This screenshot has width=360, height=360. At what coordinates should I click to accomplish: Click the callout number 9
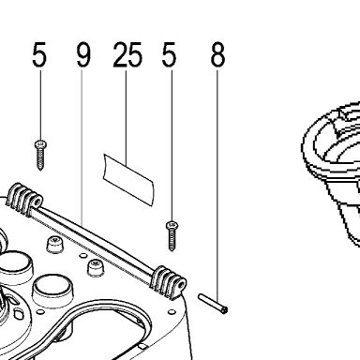point(83,54)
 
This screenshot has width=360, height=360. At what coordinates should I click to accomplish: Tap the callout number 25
point(127,54)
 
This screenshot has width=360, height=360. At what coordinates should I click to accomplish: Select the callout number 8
point(217,54)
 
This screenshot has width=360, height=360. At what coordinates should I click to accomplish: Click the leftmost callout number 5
point(39,54)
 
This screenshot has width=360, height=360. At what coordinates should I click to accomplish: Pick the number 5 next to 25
point(169,54)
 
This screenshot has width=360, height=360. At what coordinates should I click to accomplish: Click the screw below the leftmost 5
point(40,156)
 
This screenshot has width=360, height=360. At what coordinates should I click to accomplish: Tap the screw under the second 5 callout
point(172,235)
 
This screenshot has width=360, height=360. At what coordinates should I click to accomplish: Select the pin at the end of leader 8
point(213,303)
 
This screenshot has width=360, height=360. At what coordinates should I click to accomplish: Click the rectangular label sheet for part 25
point(128,180)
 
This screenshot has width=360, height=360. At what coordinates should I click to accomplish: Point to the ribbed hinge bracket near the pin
point(168,282)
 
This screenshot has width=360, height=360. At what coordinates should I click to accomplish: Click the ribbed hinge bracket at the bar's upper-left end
point(24,200)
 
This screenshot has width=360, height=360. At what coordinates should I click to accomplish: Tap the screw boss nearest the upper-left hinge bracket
point(54,245)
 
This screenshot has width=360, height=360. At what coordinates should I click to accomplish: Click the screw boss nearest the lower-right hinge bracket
point(96,267)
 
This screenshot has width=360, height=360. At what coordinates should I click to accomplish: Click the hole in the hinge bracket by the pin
point(181,284)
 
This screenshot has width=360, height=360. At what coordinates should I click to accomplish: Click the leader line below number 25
point(127,118)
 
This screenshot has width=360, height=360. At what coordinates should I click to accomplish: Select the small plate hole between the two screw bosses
point(82,256)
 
